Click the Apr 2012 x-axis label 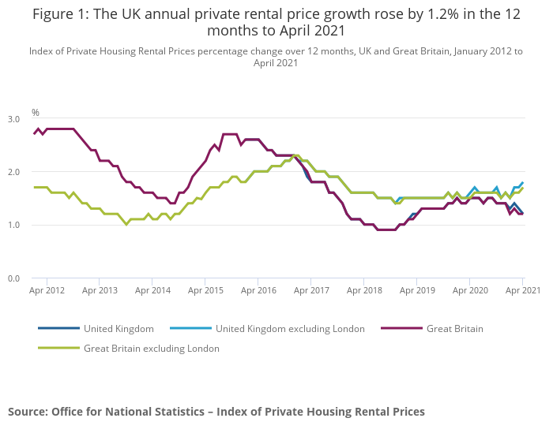[x=47, y=290]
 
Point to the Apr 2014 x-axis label [x=152, y=290]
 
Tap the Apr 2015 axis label [x=205, y=290]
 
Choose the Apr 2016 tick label [x=258, y=290]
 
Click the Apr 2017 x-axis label [x=311, y=290]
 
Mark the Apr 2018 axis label [x=364, y=290]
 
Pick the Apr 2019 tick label [x=417, y=290]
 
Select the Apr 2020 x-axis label [x=470, y=290]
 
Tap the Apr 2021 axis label [x=522, y=290]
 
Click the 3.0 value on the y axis [x=14, y=118]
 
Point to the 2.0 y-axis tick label [x=14, y=172]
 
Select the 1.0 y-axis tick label [x=14, y=225]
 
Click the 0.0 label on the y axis [x=14, y=278]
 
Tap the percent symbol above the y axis [x=35, y=113]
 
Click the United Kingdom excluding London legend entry [x=290, y=328]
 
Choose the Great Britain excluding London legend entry [x=151, y=348]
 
